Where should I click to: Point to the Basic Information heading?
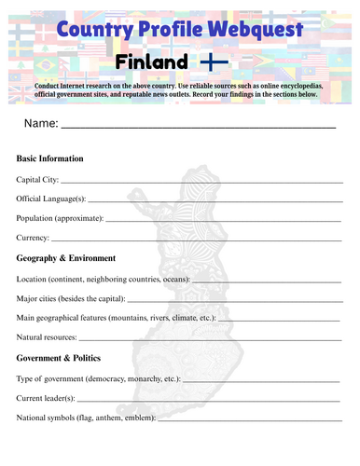pos(50,158)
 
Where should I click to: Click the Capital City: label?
pos(37,179)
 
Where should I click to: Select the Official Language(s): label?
pos(51,199)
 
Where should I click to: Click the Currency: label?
pos(34,239)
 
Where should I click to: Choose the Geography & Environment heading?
pos(66,258)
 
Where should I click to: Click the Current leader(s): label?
pos(48,399)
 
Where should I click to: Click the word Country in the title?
pos(90,30)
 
